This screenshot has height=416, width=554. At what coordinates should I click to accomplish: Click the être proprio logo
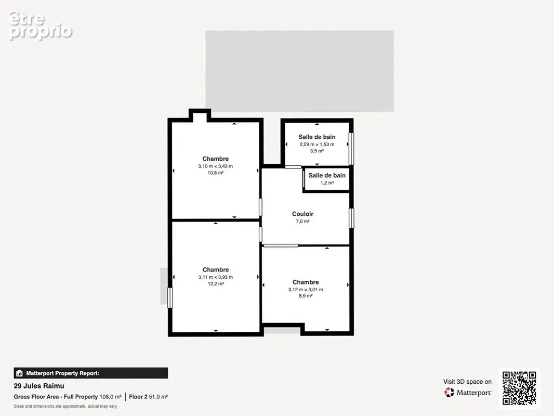click(x=41, y=26)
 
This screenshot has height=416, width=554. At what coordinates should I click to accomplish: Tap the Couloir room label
click(x=302, y=214)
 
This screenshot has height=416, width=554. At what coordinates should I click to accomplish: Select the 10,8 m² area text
click(x=216, y=173)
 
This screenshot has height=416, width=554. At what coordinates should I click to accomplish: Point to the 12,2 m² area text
click(x=216, y=283)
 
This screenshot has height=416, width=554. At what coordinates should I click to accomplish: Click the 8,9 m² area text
click(x=306, y=296)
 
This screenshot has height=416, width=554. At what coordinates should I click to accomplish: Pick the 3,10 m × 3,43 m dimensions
click(x=216, y=166)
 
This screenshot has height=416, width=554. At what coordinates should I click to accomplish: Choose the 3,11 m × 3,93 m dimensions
click(x=216, y=277)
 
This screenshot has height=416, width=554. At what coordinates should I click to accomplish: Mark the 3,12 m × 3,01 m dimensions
click(x=306, y=290)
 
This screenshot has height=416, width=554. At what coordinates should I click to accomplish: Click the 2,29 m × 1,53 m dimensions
click(x=317, y=144)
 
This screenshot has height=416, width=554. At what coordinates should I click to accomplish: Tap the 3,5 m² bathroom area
click(x=317, y=151)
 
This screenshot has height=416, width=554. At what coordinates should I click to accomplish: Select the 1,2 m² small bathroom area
click(x=327, y=183)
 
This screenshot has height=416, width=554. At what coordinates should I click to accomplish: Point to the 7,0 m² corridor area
click(x=302, y=221)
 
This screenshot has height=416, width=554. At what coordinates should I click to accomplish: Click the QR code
click(x=519, y=388)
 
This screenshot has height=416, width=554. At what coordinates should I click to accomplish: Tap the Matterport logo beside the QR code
click(x=467, y=392)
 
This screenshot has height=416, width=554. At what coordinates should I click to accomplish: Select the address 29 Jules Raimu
click(x=39, y=386)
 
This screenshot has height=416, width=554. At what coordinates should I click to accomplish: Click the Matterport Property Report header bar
click(x=91, y=373)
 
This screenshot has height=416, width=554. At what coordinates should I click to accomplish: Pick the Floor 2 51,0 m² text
click(x=149, y=397)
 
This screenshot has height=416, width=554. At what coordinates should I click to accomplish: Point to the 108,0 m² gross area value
click(x=111, y=397)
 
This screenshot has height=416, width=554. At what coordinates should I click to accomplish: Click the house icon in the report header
click(x=19, y=373)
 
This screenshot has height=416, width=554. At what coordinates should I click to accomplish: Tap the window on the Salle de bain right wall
click(x=351, y=148)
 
